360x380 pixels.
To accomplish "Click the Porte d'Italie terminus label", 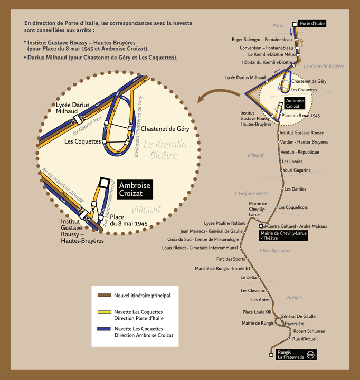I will pos(311,23).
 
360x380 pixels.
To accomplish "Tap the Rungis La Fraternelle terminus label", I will pos(291,355).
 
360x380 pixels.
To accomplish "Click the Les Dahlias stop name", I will pos(295,188).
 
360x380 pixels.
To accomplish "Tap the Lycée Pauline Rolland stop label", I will pos(224,223).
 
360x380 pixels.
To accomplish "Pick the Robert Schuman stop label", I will pos(309,331).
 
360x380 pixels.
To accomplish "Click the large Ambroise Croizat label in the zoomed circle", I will pos(135,189).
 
